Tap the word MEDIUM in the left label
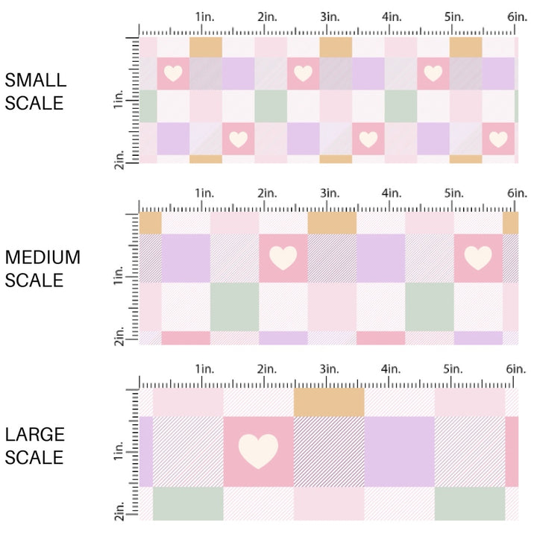tap(43, 257)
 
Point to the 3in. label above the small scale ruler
tap(329, 16)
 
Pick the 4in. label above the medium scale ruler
tap(391, 193)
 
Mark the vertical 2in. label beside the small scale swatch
tap(119, 154)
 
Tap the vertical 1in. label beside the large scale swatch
tap(119, 451)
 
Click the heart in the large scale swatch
tap(258, 451)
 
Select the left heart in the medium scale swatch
tap(283, 257)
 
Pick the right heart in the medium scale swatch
tap(478, 257)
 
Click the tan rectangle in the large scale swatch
tap(329, 401)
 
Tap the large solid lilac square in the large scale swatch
tap(399, 451)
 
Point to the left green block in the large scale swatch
tap(188, 503)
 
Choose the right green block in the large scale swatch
tap(470, 503)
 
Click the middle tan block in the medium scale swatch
tap(332, 222)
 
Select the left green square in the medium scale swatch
tap(234, 307)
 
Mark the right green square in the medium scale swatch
tap(430, 307)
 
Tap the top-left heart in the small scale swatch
tap(173, 73)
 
